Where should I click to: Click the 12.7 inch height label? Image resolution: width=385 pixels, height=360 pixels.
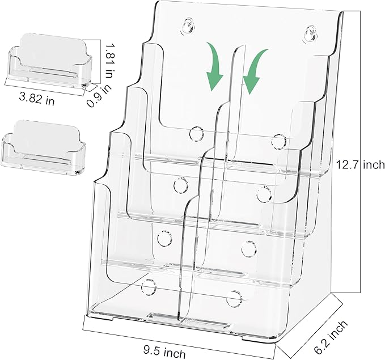pos(359,164)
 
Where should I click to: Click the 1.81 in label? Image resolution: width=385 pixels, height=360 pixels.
pos(109,61)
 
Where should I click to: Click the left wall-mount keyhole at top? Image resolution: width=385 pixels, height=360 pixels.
pos(188,26)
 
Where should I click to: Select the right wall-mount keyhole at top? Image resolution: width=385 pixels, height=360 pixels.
pos(310,33)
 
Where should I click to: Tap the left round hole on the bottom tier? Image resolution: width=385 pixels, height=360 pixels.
pos(149,286)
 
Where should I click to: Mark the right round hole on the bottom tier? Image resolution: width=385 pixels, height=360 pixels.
pos(234,298)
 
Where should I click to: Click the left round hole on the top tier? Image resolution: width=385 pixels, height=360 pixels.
pos(197,134)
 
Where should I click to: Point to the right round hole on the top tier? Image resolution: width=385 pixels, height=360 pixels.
pos(279,141)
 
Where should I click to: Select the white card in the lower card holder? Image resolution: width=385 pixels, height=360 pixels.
pos(46,138)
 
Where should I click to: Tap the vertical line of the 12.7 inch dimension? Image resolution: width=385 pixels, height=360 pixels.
pos(361,152)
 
